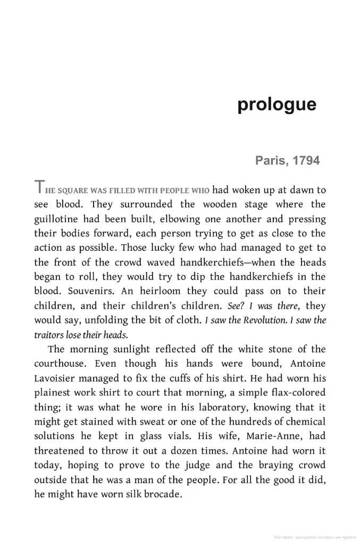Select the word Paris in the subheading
click(x=271, y=160)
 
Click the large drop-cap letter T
click(x=39, y=188)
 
